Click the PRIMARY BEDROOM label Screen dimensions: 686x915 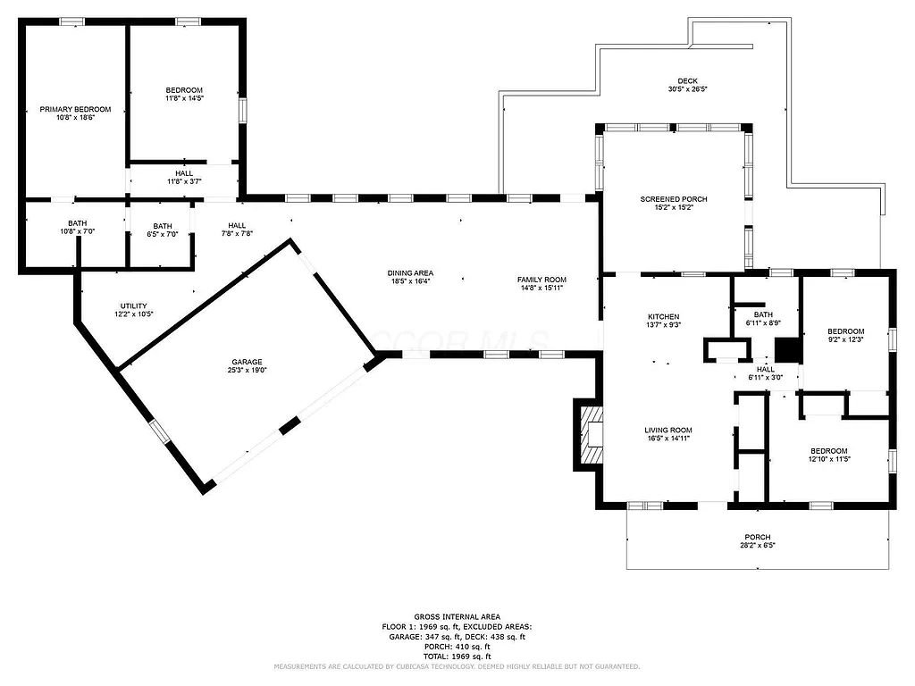point(76,109)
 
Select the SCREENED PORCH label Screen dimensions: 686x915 point(673,199)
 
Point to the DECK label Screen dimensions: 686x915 point(687,81)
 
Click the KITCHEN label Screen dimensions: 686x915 point(664,317)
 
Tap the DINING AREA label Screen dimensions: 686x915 point(410,273)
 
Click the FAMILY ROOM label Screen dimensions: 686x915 point(541,280)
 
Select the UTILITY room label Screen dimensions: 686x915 point(133,306)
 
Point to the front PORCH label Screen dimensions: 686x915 point(758,537)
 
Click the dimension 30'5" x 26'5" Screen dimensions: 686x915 point(687,89)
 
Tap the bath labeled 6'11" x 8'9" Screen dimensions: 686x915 point(763,319)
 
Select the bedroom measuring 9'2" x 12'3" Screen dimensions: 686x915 point(845,335)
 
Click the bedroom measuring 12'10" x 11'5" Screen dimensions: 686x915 point(829,455)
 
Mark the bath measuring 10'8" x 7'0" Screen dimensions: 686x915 point(77,229)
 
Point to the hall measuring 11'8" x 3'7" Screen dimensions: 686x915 point(184,178)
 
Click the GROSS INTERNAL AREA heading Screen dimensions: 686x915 point(457,616)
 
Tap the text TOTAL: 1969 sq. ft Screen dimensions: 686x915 point(457,656)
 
